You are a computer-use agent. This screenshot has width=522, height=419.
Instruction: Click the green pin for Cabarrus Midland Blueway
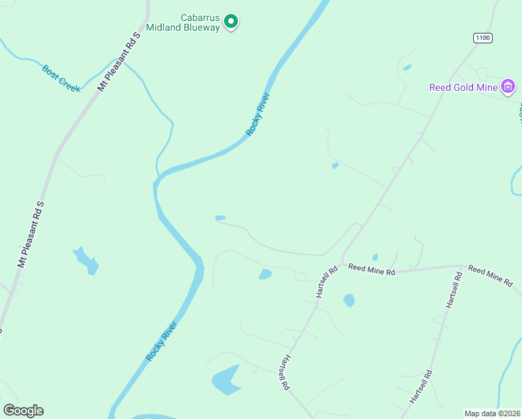[x=231, y=22]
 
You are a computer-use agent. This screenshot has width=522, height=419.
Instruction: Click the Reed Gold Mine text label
[x=463, y=87]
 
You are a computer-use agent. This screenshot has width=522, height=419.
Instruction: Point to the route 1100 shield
[x=482, y=38]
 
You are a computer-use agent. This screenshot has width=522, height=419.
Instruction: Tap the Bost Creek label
[x=61, y=79]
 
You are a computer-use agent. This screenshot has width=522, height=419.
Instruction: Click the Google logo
[x=23, y=411]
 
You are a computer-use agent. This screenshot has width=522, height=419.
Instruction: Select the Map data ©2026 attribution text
[x=492, y=413]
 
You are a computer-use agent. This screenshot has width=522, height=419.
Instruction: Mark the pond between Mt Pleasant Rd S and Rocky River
[x=87, y=260]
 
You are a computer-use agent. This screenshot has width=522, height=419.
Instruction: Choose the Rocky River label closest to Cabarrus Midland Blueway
[x=257, y=114]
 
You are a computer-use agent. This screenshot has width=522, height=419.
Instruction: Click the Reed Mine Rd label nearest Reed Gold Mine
[x=490, y=277]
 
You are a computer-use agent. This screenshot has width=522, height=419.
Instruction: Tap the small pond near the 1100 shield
[x=407, y=68]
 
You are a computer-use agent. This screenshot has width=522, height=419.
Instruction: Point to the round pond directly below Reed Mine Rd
[x=349, y=300]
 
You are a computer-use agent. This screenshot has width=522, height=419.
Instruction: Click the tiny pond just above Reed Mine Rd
[x=375, y=256]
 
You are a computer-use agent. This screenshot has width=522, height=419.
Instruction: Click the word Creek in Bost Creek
[x=70, y=84]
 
